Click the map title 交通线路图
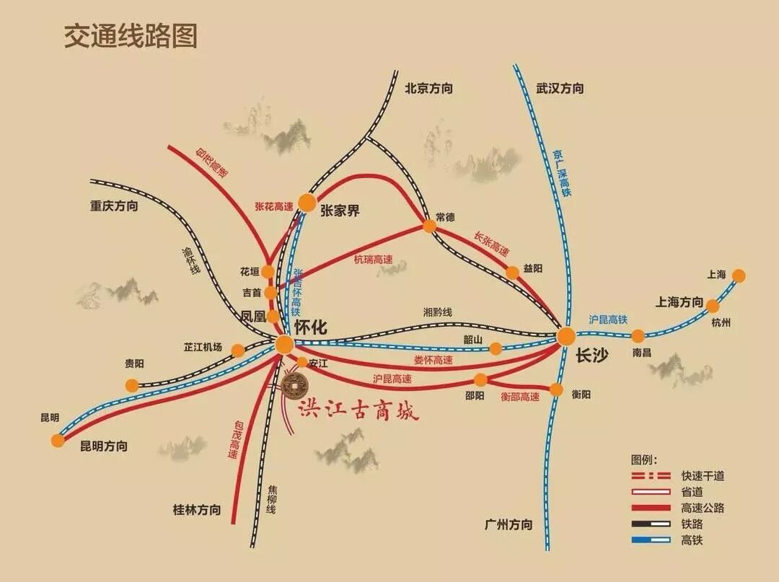[x=131, y=35]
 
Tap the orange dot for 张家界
[x=307, y=203]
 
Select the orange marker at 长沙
[x=566, y=335]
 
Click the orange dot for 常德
[x=429, y=226]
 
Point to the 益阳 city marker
[x=512, y=272]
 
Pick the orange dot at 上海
[x=739, y=275]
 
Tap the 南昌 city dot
[x=638, y=335]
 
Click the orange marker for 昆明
[x=58, y=440]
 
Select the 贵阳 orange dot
[x=131, y=385]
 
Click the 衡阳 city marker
[x=556, y=389]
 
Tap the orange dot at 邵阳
[x=480, y=380]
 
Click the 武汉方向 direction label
[x=560, y=89]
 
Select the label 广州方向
[x=509, y=524]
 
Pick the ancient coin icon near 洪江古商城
[x=294, y=386]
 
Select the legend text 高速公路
[x=702, y=508]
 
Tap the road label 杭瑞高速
[x=373, y=260]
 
